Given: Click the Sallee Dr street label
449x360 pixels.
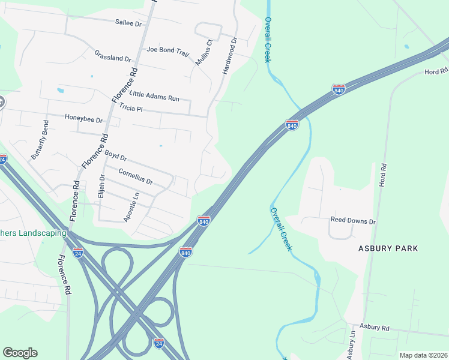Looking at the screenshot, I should point(128,23).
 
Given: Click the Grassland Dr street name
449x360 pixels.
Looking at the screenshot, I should point(112,56).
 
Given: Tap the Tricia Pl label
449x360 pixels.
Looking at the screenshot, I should point(130,109).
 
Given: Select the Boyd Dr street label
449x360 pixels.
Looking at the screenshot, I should point(115,155).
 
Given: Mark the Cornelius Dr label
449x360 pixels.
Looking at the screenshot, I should point(136,177).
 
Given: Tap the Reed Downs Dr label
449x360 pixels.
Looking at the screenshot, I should point(353,221).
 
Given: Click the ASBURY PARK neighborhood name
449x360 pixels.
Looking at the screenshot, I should point(388,248).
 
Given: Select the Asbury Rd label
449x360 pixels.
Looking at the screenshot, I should point(375,328).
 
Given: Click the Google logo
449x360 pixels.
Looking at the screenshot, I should point(20,353).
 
